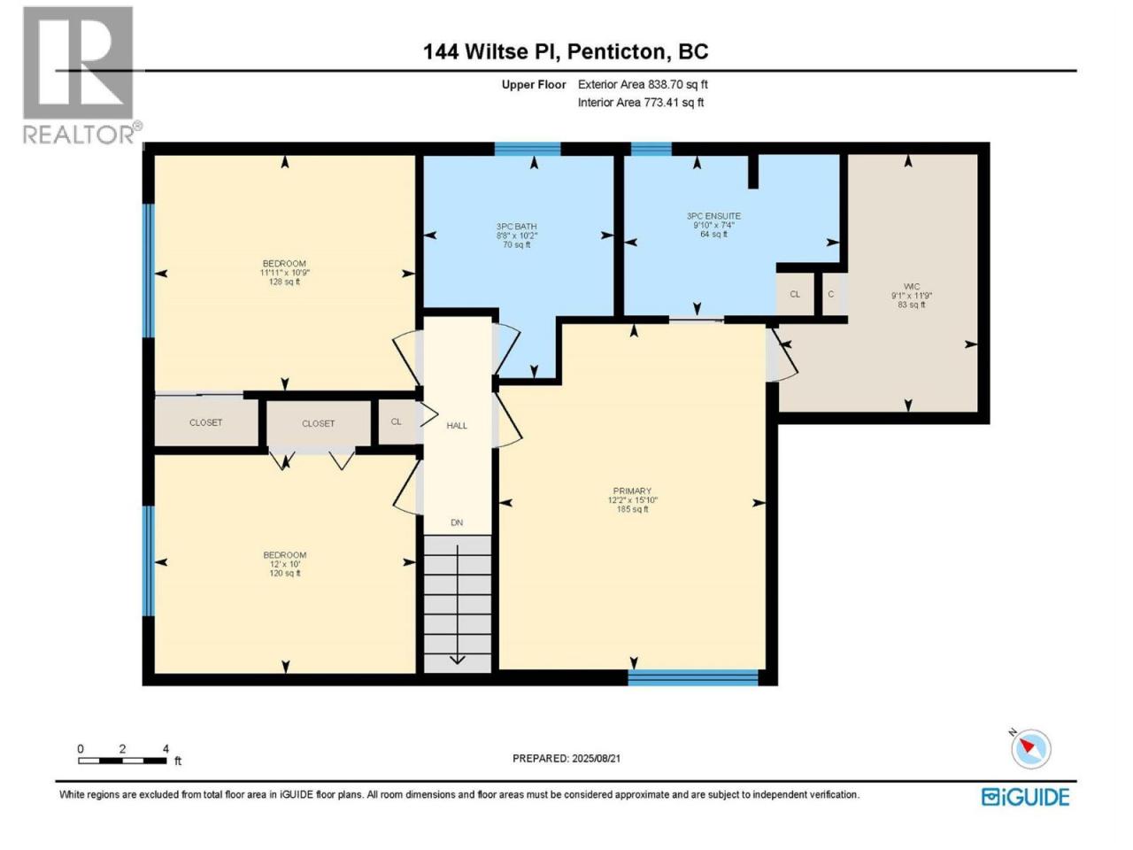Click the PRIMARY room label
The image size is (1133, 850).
point(632,491)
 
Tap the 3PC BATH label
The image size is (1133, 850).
point(516,226)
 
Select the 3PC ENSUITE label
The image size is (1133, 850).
point(713,216)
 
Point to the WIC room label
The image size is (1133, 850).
point(912,286)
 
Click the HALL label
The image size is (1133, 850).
point(457,425)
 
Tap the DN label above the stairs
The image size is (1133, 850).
point(457,522)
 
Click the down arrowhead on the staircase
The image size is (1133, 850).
point(458,660)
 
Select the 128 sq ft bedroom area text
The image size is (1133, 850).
point(284,282)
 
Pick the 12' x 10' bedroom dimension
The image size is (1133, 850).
point(284,564)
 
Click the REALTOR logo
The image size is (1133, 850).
point(81,75)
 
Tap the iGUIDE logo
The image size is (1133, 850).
point(1025,797)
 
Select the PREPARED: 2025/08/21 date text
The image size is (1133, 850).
point(566,758)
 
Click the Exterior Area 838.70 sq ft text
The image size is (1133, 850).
point(643,84)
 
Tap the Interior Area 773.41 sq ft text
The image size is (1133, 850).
point(641,102)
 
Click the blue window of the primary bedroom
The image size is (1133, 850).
point(693,677)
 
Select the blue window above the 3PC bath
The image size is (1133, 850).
point(528,149)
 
